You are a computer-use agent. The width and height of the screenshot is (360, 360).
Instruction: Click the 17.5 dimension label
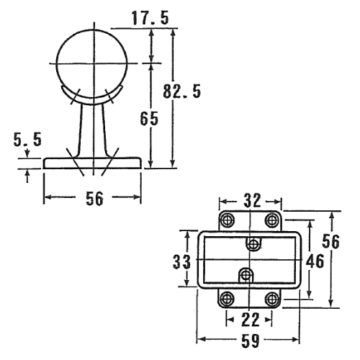tap(150, 18)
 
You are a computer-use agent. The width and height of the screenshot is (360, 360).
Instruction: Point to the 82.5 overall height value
tap(181, 91)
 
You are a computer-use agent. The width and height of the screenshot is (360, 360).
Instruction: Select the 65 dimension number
tap(149, 118)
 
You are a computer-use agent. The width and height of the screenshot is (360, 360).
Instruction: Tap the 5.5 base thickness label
tap(27, 139)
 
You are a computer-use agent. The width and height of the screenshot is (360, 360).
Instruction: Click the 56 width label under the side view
tap(94, 199)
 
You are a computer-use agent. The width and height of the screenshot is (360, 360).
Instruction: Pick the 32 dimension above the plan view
tap(252, 200)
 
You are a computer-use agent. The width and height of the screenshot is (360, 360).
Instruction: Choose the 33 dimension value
tap(181, 261)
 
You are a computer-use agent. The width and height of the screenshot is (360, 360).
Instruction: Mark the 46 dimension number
tap(315, 261)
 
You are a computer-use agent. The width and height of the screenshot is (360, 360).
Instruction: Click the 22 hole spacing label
tap(250, 320)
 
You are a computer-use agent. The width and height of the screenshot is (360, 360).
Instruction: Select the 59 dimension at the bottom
tap(251, 341)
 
